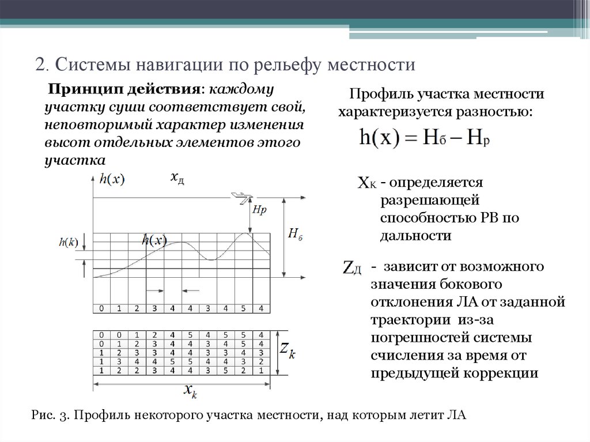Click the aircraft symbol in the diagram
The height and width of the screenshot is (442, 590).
coord(241,198)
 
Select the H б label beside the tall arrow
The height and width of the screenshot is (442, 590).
coord(294,233)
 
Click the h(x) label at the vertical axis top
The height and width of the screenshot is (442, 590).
coord(112,179)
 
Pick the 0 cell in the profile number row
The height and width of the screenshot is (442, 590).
coord(101,308)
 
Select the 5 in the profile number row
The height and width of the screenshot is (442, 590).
coord(243,308)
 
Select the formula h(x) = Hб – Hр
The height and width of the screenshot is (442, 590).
coord(424,138)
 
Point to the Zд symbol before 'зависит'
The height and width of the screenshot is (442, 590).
coord(352,269)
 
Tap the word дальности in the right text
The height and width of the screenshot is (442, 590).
coord(415,236)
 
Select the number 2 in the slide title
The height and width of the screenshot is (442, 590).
coord(41,63)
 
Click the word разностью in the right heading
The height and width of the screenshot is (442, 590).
coord(500,110)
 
